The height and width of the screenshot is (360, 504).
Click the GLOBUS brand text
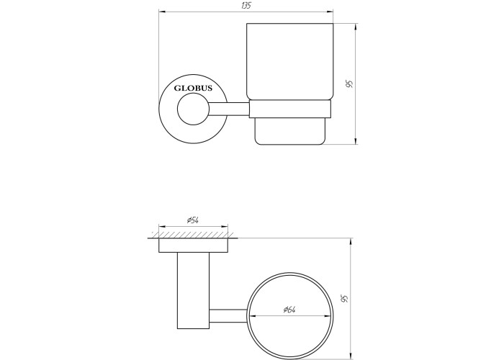coord(193,88)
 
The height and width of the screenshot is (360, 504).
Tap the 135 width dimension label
coord(246,6)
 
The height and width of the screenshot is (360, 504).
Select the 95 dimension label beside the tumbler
coord(349,84)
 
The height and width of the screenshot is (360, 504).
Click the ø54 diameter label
coord(193,220)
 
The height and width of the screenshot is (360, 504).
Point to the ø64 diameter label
coord(289,309)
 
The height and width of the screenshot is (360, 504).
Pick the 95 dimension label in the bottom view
coord(345,299)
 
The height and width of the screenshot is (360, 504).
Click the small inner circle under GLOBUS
coord(193,109)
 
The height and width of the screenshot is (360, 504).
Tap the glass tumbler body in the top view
coord(290,62)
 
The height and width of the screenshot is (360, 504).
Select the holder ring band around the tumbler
coord(290,109)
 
